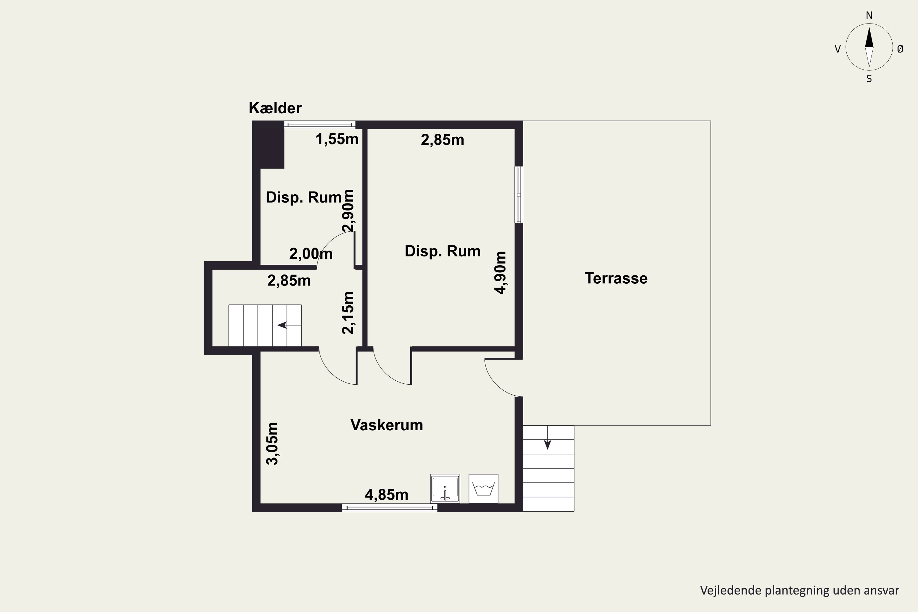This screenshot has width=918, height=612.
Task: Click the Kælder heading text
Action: coord(275,108)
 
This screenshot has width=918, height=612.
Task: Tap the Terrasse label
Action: coord(616,278)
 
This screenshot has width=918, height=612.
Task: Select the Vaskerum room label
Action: coord(386,425)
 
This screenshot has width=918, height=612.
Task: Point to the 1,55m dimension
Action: coord(337,139)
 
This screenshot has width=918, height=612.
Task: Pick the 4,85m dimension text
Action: coord(386,495)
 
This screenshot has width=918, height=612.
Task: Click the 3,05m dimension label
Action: coord(272,443)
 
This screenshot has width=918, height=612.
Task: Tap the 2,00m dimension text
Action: coord(311,254)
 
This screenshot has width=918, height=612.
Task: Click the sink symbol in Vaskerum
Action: coord(445,489)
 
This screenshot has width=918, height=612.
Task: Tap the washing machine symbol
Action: coord(483,489)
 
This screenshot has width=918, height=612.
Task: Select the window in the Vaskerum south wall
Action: coord(390,507)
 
